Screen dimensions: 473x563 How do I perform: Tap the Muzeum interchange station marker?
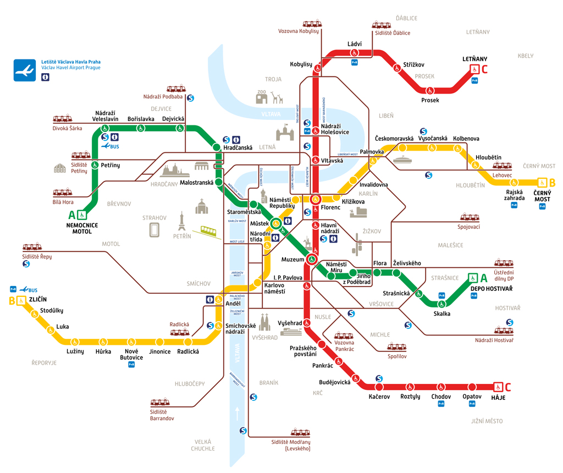coord(312,259)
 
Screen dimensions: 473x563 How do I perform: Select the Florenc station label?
coord(331,207)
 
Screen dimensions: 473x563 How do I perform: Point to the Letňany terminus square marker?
coord(473,69)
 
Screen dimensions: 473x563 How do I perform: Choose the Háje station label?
coord(498,397)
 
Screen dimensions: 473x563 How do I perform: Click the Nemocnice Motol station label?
coord(82,228)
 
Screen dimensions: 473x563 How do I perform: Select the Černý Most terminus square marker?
coord(542,182)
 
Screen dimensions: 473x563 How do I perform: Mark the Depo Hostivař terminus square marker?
coord(473,278)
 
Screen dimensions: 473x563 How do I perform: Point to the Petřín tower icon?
coord(181,222)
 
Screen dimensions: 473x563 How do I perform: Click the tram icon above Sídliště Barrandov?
coord(159,403)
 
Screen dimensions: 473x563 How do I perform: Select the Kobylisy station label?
coord(301,64)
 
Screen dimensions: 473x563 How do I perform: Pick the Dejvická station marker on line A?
coord(179,128)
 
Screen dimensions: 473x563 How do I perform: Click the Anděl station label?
coord(233,304)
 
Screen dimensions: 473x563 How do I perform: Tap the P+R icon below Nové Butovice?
coord(131,364)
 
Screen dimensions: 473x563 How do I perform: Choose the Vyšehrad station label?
coord(289,323)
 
